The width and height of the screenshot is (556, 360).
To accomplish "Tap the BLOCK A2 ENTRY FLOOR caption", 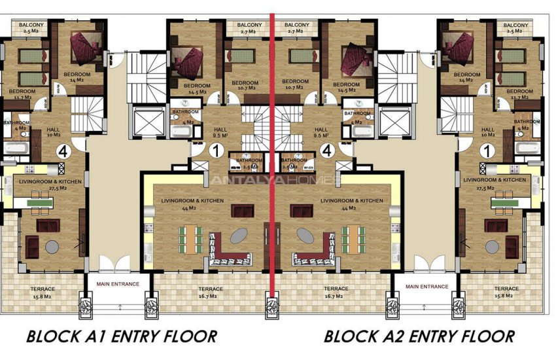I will pyautogui.click(x=419, y=336).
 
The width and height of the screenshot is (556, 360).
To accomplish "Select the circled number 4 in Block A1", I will pyautogui.click(x=63, y=151).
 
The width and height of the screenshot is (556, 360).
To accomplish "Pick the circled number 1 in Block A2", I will pyautogui.click(x=485, y=151).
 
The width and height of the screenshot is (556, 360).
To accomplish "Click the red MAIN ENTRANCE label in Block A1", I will pyautogui.click(x=118, y=284).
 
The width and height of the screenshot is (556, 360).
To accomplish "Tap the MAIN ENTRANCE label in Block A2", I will pyautogui.click(x=426, y=286).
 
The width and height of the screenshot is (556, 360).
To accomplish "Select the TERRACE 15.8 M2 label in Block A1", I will pyautogui.click(x=42, y=293).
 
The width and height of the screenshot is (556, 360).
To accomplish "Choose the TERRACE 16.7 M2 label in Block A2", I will pyautogui.click(x=336, y=293).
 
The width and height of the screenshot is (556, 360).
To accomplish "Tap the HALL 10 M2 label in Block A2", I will pyautogui.click(x=487, y=134).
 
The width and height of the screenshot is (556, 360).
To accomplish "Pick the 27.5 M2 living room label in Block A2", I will pyautogui.click(x=494, y=184).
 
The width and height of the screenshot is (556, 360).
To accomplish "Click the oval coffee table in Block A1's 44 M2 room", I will pyautogui.click(x=237, y=235).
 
